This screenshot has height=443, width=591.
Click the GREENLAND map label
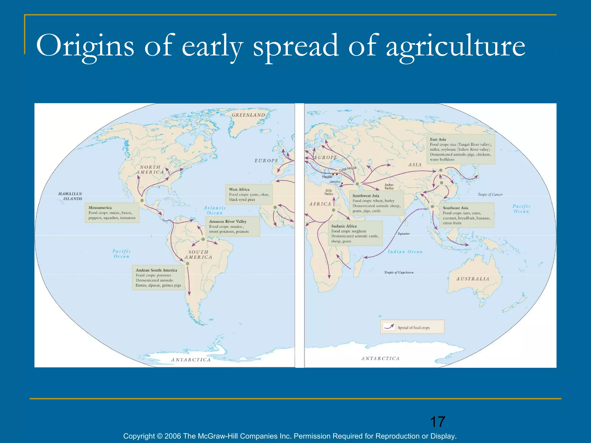click(x=248, y=115)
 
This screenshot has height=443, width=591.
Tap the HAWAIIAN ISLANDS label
click(x=70, y=196)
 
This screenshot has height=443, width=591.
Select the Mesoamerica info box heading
click(x=100, y=208)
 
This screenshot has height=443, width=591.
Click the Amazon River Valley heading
click(x=228, y=221)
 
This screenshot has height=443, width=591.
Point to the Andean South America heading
click(x=156, y=270)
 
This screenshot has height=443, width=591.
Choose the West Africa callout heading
click(x=239, y=189)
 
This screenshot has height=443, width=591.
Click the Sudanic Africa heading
click(x=344, y=226)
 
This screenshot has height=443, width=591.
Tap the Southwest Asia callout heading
click(x=366, y=196)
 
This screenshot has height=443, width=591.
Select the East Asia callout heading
click(x=438, y=139)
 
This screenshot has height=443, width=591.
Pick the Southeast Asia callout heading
click(x=455, y=208)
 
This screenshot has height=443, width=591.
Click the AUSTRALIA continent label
click(x=473, y=279)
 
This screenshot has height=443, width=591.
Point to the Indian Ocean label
click(x=405, y=252)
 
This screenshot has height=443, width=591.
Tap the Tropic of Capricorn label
click(x=399, y=272)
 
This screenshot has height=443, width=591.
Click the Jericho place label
click(x=335, y=182)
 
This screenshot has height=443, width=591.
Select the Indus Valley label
click(x=389, y=186)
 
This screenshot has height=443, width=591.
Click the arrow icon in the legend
click(x=389, y=327)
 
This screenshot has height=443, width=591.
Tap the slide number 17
click(x=437, y=422)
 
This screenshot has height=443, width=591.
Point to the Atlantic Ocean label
click(x=215, y=210)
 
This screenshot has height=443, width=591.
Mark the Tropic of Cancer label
click(x=490, y=195)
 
